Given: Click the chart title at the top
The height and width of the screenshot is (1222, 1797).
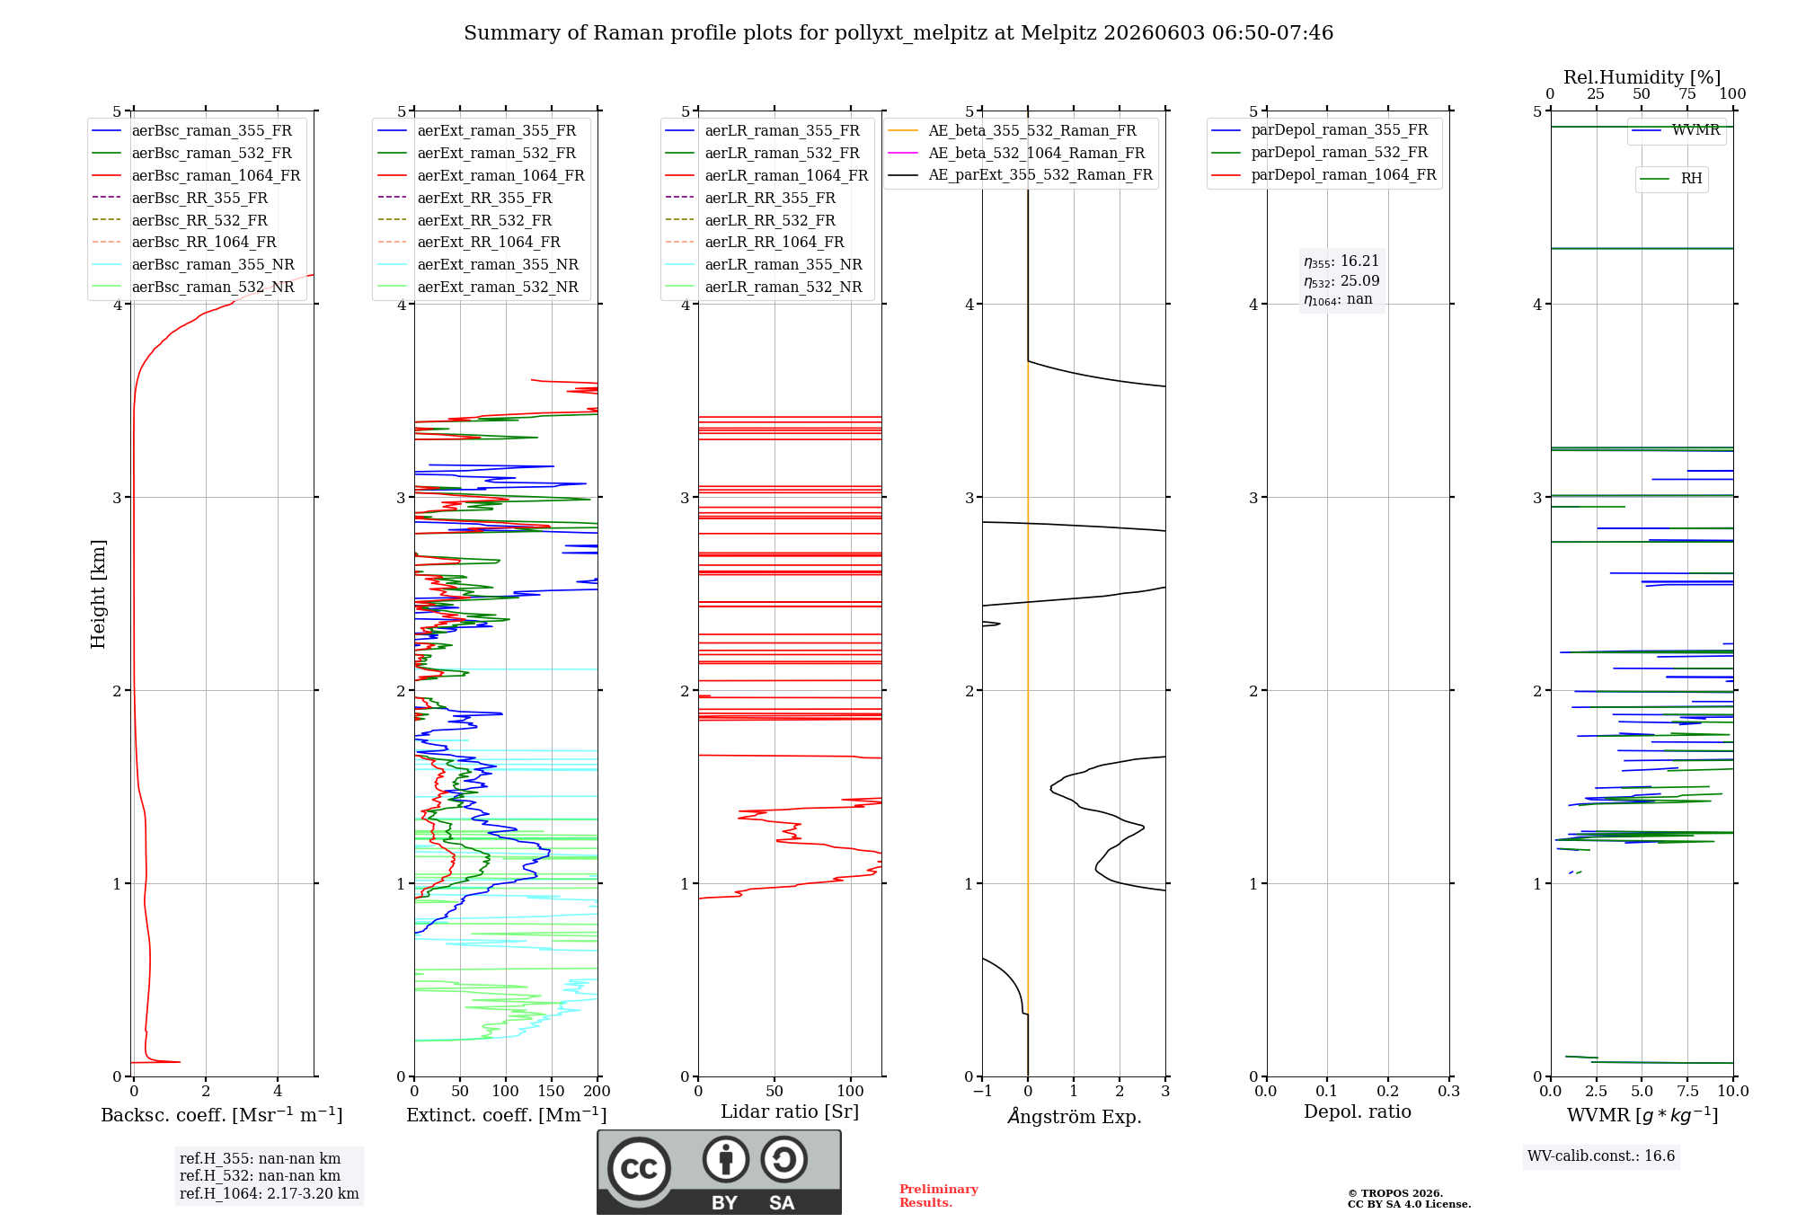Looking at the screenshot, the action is click(898, 33).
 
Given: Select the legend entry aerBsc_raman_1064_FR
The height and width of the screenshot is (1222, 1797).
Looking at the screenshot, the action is click(196, 175).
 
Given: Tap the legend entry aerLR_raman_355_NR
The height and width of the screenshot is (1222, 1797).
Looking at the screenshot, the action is click(763, 264).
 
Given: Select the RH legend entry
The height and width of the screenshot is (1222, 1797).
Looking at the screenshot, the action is click(1671, 179).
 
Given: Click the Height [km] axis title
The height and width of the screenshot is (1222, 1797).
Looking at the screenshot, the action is click(98, 594).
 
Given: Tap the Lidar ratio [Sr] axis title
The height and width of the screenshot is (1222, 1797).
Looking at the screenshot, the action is click(790, 1111).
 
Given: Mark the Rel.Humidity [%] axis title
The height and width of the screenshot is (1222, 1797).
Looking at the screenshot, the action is click(1642, 77).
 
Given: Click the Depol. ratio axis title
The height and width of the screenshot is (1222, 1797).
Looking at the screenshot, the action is click(1358, 1111).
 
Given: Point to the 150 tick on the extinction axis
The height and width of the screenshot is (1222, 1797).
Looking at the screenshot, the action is click(552, 1091).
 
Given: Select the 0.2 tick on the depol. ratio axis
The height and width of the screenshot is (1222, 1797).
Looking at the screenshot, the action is click(1388, 1091).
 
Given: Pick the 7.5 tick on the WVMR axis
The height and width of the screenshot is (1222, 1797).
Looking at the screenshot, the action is click(1687, 1091).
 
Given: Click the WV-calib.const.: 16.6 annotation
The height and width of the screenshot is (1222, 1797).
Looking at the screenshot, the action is click(1601, 1156).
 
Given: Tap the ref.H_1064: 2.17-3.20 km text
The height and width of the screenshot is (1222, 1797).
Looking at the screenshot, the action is click(270, 1193).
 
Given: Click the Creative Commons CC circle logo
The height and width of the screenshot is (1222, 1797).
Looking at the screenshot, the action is click(639, 1169).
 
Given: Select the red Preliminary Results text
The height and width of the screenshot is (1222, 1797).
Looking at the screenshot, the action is click(939, 1196).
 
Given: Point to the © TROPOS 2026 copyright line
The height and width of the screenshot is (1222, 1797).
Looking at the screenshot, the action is click(1395, 1193).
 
